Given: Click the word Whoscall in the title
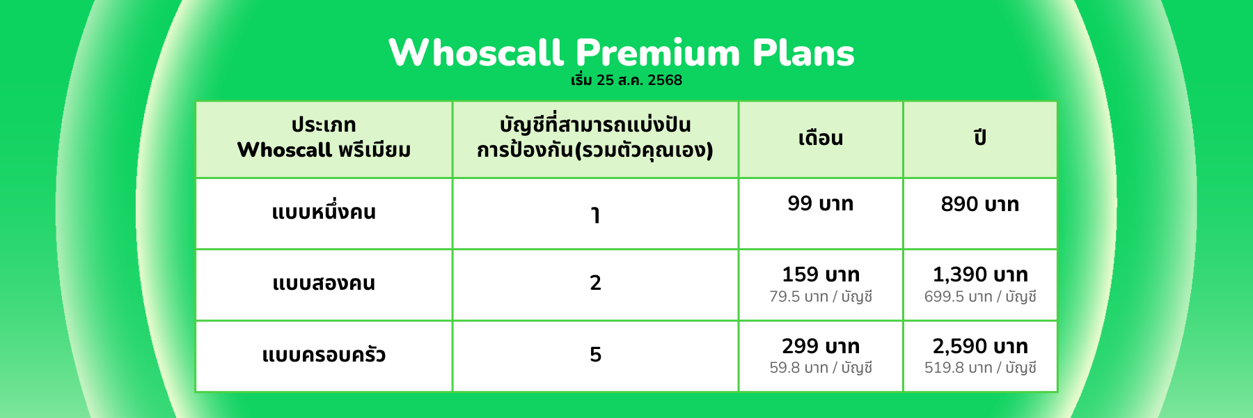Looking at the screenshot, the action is [476, 53].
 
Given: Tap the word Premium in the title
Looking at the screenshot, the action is [658, 53].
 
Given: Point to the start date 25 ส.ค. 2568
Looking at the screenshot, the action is [639, 80].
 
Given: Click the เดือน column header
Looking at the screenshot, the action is [821, 138].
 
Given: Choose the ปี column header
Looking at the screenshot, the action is [980, 137].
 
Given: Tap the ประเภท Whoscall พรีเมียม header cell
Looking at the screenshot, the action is [324, 137].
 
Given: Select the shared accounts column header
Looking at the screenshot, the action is [595, 137].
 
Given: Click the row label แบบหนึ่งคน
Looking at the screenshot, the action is [324, 211].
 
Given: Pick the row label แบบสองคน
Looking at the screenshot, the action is [324, 283].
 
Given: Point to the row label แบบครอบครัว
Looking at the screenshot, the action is [324, 355].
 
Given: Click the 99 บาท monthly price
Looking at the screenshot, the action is [821, 203].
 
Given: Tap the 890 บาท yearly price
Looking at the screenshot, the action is [980, 204].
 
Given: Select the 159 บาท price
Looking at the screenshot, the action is [821, 274].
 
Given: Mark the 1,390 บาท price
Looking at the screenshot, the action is [980, 274].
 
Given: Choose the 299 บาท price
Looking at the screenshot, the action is [821, 346].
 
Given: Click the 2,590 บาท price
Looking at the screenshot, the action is [980, 346].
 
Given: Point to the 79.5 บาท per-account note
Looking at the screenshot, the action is [821, 297].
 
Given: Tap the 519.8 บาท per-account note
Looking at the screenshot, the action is [980, 368].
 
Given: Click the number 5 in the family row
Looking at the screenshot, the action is [595, 355].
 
